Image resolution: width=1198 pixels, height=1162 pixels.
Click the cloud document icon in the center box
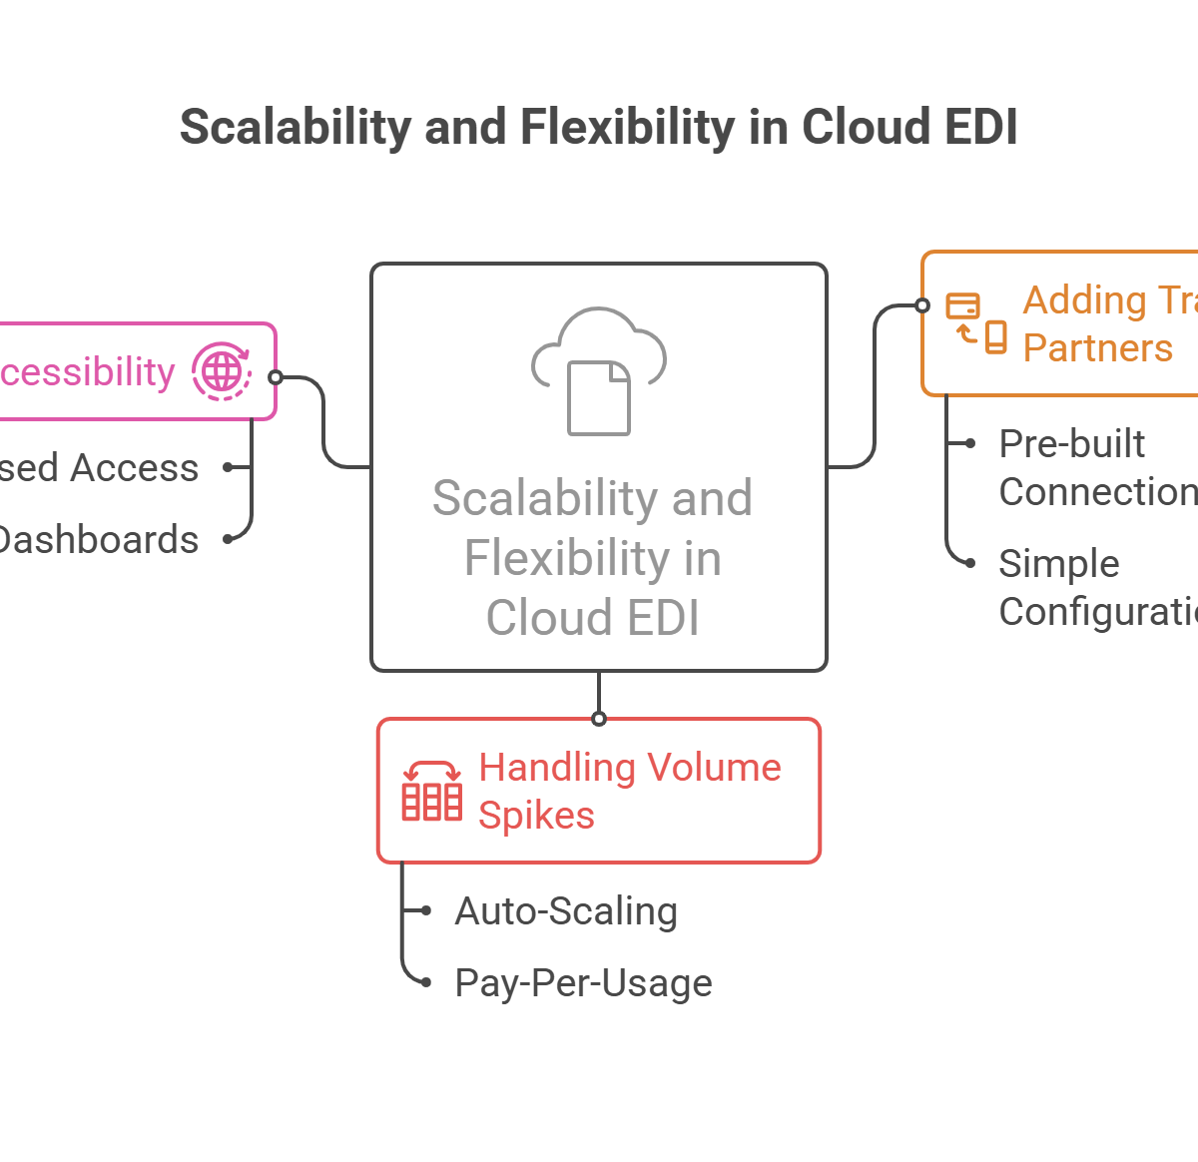click(599, 370)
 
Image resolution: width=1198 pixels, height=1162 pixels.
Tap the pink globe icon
click(222, 371)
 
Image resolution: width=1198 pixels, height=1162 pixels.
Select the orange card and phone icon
click(976, 322)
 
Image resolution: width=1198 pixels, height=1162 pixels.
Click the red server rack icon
click(431, 790)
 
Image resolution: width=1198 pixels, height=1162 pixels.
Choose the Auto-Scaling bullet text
click(566, 910)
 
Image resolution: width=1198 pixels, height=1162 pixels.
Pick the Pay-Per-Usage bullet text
click(583, 983)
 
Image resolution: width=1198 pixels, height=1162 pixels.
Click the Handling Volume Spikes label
click(629, 791)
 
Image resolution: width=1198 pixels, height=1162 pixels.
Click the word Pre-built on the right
click(1072, 443)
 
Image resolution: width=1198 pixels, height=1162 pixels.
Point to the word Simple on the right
click(1058, 563)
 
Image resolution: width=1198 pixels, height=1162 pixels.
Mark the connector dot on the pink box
click(276, 377)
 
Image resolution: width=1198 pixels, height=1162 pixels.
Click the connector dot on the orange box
click(922, 305)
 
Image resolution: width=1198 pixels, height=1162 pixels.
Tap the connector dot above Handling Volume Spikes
click(599, 719)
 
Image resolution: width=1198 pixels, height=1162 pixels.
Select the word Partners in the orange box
click(1098, 347)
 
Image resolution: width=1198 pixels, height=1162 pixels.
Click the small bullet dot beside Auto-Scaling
click(426, 910)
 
